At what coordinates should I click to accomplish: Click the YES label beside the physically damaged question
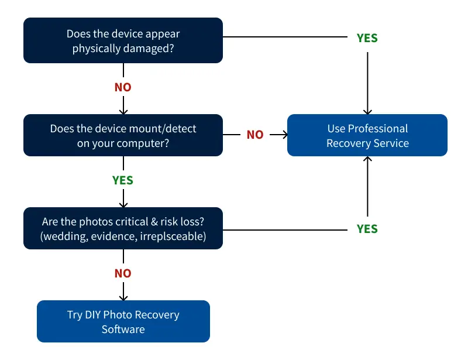(x=367, y=38)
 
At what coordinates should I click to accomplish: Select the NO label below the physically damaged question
(x=123, y=87)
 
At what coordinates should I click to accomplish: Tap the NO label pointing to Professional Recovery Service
(x=255, y=135)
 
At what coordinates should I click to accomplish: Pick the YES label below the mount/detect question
(x=123, y=180)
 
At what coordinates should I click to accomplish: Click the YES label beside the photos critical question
(x=367, y=229)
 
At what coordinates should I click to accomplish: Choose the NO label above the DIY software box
(x=123, y=273)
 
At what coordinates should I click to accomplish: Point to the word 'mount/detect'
(x=166, y=129)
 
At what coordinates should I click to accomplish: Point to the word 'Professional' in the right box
(x=378, y=128)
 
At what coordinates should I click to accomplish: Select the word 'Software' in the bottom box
(x=123, y=329)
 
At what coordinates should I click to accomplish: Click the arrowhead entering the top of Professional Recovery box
(x=367, y=111)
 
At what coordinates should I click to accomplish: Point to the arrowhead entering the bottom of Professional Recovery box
(x=367, y=160)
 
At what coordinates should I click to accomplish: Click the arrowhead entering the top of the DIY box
(x=123, y=297)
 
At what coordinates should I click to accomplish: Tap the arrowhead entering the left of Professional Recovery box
(x=284, y=135)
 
